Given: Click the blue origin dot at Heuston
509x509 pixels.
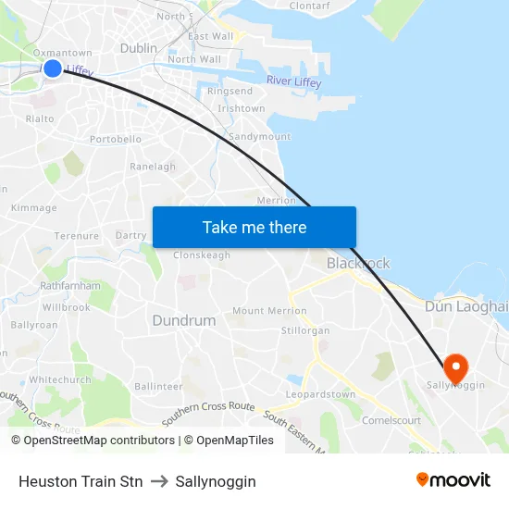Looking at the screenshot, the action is (x=53, y=68).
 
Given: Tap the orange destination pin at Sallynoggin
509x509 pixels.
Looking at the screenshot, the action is (x=454, y=366).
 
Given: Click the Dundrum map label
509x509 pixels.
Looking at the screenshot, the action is (x=183, y=320).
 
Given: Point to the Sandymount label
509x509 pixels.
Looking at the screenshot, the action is (x=259, y=137).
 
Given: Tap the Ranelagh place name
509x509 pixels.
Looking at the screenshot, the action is (x=153, y=168).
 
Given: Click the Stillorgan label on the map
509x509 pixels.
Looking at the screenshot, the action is (x=304, y=330).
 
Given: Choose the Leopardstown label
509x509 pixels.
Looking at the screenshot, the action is (x=320, y=394).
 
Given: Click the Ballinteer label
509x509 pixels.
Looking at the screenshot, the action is (x=158, y=386).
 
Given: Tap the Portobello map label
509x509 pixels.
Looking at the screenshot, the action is (x=116, y=140).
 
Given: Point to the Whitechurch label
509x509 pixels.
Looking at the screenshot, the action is (x=60, y=379).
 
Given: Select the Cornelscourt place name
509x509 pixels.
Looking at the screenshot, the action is (x=391, y=420).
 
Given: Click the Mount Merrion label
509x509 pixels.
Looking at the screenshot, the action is (x=268, y=311).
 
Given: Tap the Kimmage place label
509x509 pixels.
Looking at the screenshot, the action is (x=33, y=208).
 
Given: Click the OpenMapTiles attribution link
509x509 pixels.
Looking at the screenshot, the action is (x=229, y=441).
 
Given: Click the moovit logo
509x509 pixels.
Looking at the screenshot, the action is (x=453, y=479).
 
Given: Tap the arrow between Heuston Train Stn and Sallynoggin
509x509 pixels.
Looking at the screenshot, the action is (x=158, y=481).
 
